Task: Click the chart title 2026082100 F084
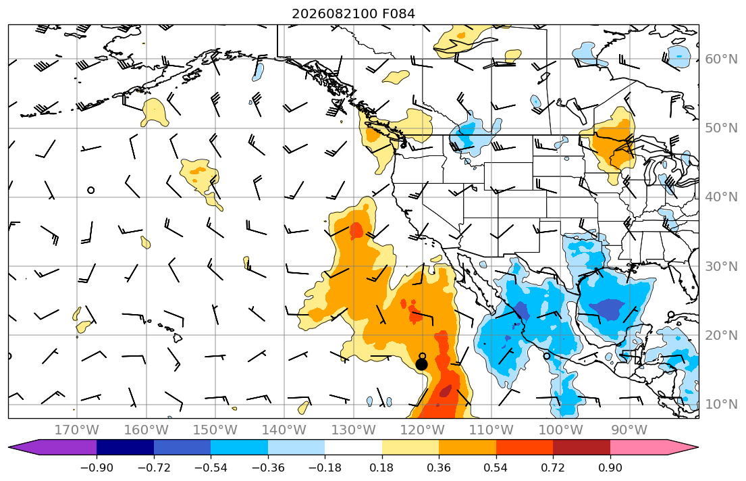point(353,14)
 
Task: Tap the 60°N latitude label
point(721,59)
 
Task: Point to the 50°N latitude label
point(721,128)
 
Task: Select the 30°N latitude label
point(721,266)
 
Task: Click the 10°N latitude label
point(721,405)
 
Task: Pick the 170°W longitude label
point(76,430)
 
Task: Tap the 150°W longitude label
point(215,430)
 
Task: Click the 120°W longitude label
point(423,430)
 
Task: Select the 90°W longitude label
point(629,430)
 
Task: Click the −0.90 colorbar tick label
point(97,467)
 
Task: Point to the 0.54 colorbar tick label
point(496,467)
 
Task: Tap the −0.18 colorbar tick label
point(325,467)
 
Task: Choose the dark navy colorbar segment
point(125,447)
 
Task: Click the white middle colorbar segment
point(354,447)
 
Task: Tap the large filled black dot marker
point(421,364)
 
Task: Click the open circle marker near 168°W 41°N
point(91,190)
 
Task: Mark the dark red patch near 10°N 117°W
point(446,391)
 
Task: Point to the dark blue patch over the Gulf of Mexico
point(607,308)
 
